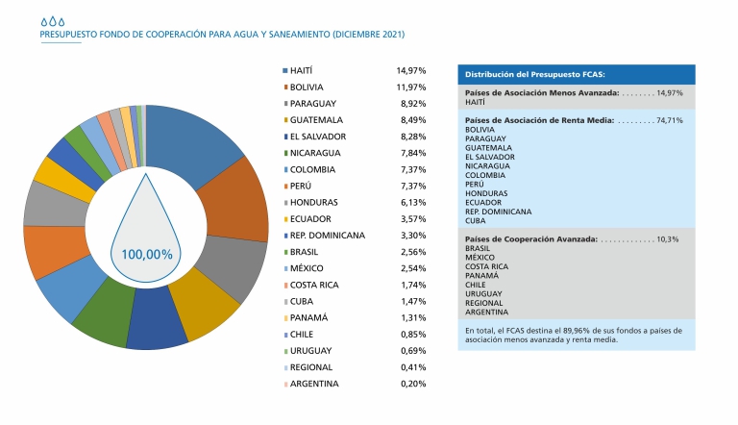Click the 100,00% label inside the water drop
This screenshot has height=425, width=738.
(x=146, y=255)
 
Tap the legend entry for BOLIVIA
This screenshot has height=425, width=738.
(x=312, y=87)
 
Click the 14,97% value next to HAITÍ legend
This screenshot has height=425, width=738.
(x=410, y=71)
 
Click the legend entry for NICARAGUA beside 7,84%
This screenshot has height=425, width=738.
(x=319, y=153)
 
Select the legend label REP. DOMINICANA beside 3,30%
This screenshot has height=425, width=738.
(x=328, y=236)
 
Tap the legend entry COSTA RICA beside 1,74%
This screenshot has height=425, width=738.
(x=317, y=286)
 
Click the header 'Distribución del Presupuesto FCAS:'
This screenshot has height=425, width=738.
(x=535, y=74)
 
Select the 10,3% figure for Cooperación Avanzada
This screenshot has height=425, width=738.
(x=668, y=238)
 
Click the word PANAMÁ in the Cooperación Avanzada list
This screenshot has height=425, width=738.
(x=481, y=276)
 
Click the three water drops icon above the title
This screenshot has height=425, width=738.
(x=54, y=19)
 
